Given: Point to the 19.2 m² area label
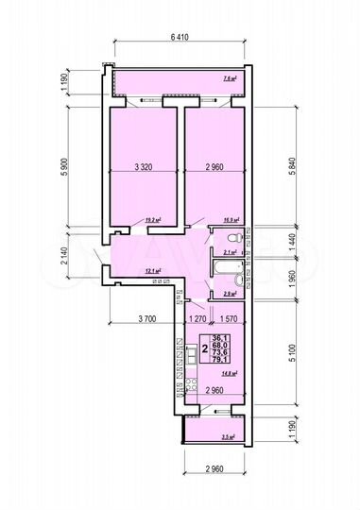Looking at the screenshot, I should pyautogui.click(x=152, y=220).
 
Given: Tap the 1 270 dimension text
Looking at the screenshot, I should pyautogui.click(x=197, y=319).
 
